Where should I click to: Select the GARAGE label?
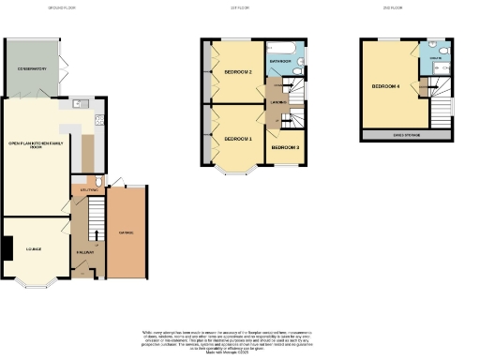coord(126,232)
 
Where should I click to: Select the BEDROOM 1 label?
coord(237,139)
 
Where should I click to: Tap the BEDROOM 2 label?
coord(237,71)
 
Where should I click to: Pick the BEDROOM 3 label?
coord(285,147)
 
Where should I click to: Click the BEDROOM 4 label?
coord(385,86)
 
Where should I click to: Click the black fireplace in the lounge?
coord(6,247)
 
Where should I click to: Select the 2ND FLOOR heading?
coord(393,7)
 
